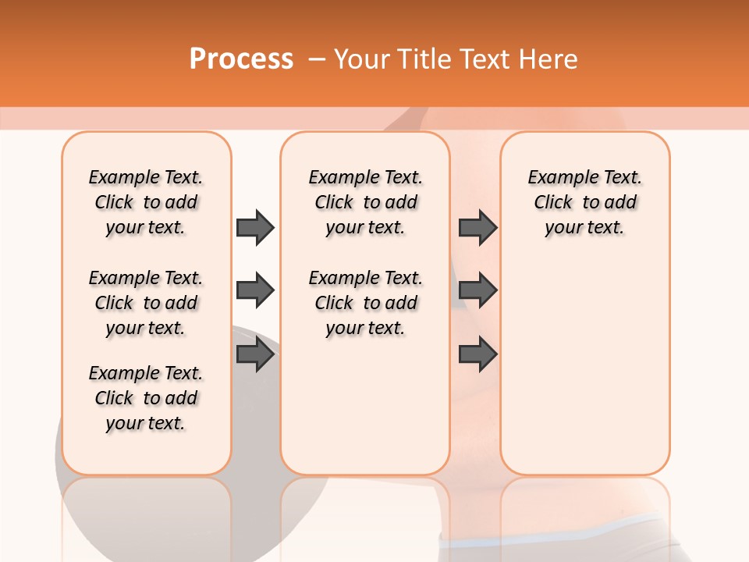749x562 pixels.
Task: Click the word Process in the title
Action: (x=241, y=59)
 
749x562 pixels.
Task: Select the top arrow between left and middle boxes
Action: (x=255, y=227)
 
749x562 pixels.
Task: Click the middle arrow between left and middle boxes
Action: (x=255, y=291)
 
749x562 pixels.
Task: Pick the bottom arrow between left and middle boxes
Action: (x=255, y=354)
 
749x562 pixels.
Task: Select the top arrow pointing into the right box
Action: (x=477, y=227)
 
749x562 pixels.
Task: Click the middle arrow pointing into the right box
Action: (x=477, y=291)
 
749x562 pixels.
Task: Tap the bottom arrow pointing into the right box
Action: (x=477, y=354)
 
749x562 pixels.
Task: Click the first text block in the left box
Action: (x=146, y=202)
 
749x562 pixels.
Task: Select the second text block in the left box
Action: (x=146, y=303)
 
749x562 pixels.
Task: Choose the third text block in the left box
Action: (x=146, y=398)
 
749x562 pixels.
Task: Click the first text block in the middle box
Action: (x=365, y=202)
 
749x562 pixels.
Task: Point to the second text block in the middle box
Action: (x=365, y=303)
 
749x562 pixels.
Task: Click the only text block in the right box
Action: (x=584, y=202)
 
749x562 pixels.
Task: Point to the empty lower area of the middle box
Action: (x=365, y=406)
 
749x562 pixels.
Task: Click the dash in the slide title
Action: (x=317, y=59)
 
